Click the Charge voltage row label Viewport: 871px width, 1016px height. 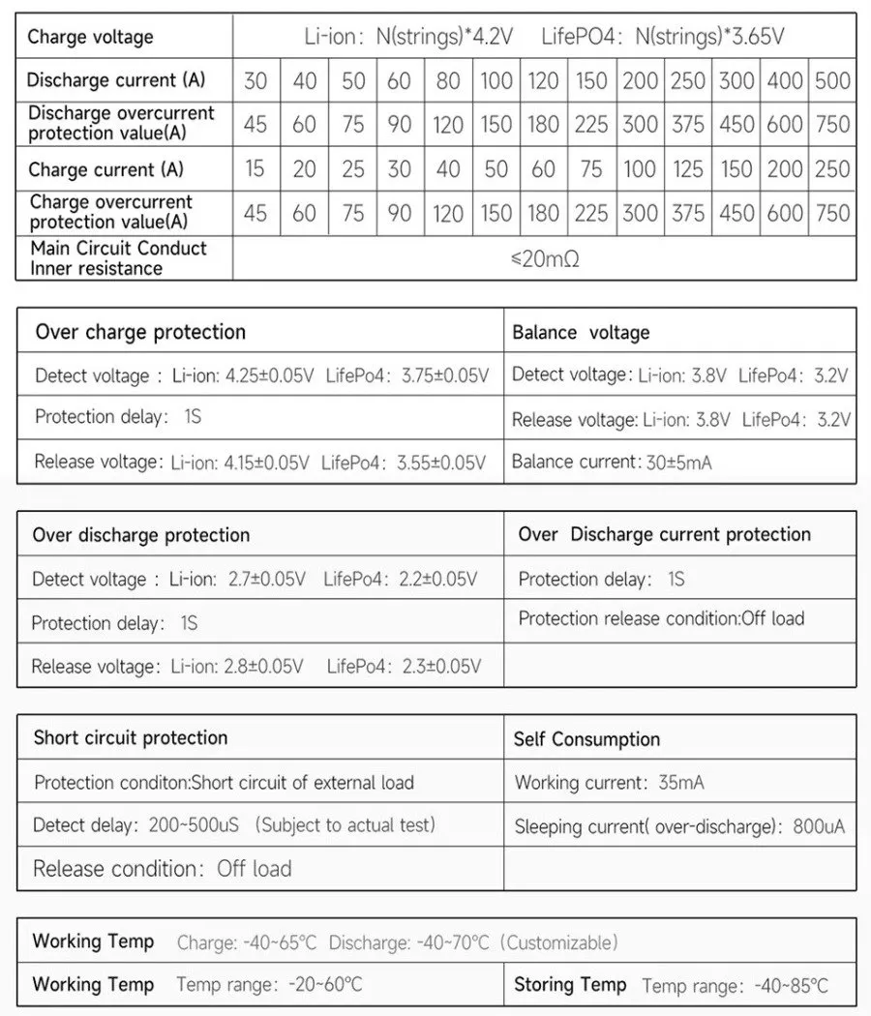tap(90, 38)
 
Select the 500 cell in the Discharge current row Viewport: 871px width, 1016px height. tap(832, 80)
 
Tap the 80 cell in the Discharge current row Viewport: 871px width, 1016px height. tap(448, 80)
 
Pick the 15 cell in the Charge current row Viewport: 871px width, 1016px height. tap(255, 169)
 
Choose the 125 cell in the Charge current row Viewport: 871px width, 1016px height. tap(688, 169)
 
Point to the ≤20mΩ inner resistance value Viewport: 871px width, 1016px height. tap(545, 259)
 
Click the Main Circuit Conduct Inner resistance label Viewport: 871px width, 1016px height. tap(118, 258)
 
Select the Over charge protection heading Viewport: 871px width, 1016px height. tap(140, 332)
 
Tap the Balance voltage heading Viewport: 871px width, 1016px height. tap(581, 333)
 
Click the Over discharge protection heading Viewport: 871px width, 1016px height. tap(141, 535)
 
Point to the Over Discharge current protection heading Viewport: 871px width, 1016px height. tap(664, 534)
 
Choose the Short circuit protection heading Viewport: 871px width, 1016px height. tap(131, 737)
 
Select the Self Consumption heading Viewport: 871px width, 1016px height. tap(586, 739)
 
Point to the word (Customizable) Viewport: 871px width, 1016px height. tap(560, 942)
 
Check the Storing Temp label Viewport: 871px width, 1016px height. tap(570, 985)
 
